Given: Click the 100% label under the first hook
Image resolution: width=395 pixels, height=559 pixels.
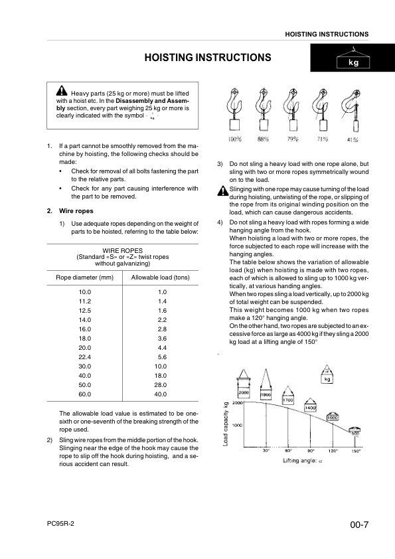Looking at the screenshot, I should tap(234, 139).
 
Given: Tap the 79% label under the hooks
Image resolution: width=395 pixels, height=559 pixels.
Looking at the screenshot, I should tap(292, 139).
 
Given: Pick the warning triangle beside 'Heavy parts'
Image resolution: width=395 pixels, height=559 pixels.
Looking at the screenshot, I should tap(61, 92).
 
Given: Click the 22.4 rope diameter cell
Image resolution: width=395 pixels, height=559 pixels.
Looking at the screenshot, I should tap(84, 357).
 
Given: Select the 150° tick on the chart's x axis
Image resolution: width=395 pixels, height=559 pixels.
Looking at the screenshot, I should tap(356, 451).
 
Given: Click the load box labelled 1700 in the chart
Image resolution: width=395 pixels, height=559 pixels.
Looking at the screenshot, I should tap(288, 400).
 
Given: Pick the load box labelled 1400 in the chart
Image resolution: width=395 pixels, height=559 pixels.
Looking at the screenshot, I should tap(310, 408).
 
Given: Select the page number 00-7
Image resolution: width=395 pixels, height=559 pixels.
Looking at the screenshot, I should tap(359, 526).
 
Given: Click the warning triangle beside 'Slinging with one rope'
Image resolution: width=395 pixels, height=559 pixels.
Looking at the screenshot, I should tap(222, 191).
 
